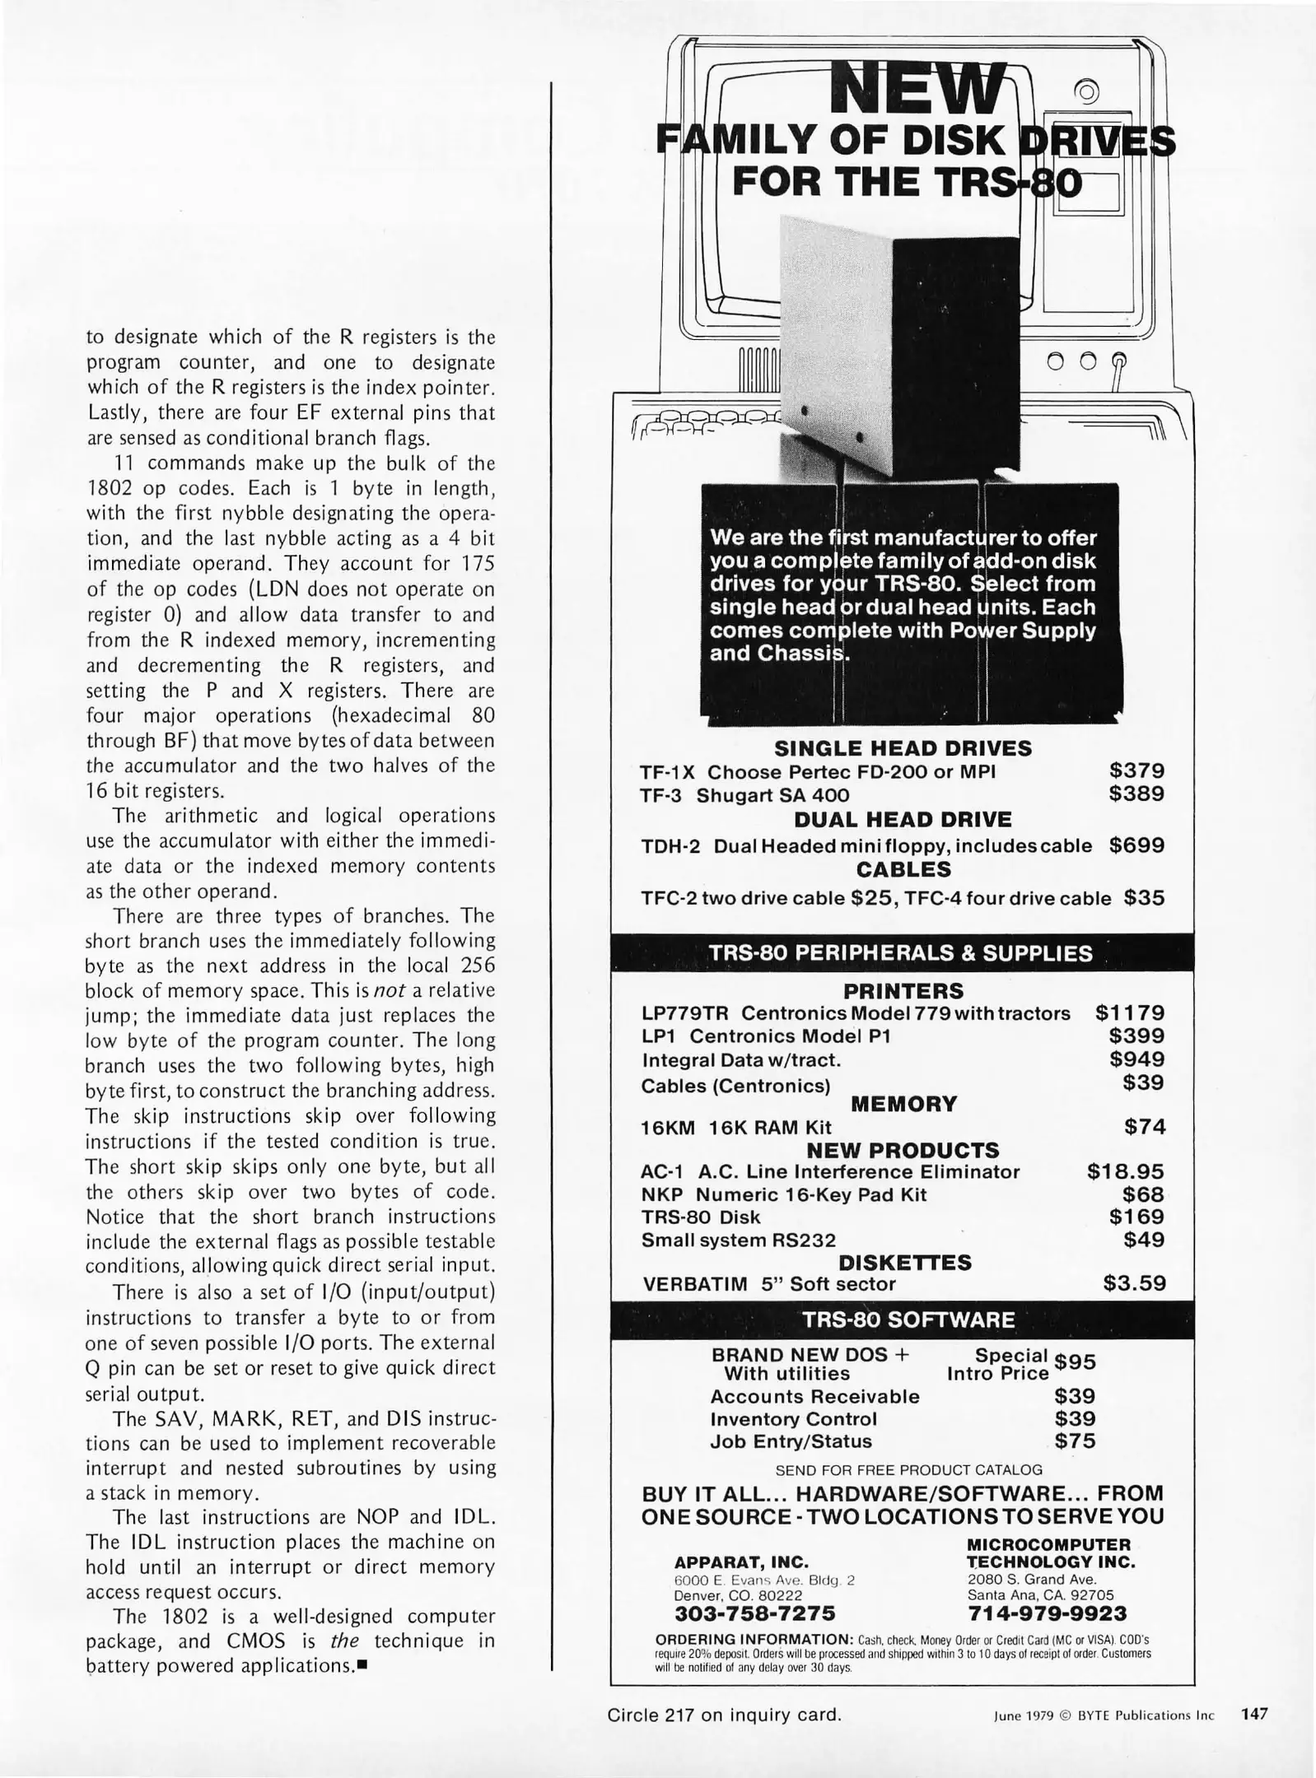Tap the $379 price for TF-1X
(1136, 771)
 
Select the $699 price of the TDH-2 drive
(1136, 845)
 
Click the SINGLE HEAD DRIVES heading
(903, 748)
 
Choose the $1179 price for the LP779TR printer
(1130, 1013)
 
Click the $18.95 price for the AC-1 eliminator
(1126, 1171)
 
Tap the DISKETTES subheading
(904, 1263)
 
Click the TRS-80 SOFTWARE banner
(909, 1320)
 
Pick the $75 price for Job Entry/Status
(1075, 1441)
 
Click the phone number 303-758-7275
(754, 1613)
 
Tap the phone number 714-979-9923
(1047, 1613)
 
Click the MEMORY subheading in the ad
(903, 1104)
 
